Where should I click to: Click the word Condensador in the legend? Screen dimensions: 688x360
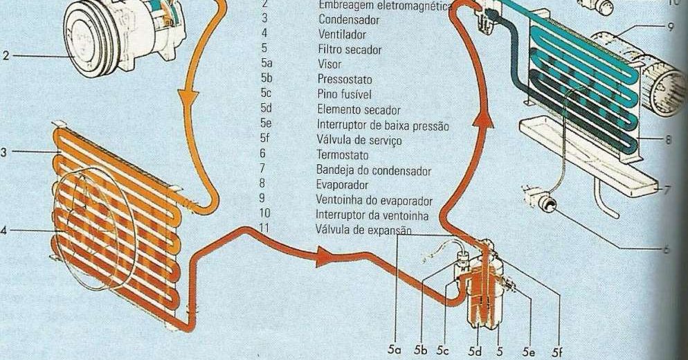[x=349, y=20]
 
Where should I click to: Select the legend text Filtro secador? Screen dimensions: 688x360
[x=350, y=50]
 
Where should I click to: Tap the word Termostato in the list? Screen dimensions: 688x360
[x=343, y=155]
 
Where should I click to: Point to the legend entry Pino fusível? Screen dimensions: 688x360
[x=345, y=94]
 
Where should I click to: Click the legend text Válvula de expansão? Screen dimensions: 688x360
[x=364, y=230]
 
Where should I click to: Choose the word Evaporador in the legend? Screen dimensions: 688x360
[x=342, y=185]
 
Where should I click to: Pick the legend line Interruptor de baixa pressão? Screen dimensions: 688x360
[x=383, y=125]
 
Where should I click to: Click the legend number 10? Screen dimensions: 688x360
[x=264, y=213]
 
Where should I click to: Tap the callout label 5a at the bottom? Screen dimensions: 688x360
[x=395, y=350]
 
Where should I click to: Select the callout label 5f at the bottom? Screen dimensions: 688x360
[x=556, y=352]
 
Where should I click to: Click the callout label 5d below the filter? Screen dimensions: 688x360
[x=475, y=351]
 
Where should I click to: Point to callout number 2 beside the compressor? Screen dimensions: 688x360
[x=6, y=56]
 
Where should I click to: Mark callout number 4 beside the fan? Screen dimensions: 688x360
[x=3, y=231]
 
